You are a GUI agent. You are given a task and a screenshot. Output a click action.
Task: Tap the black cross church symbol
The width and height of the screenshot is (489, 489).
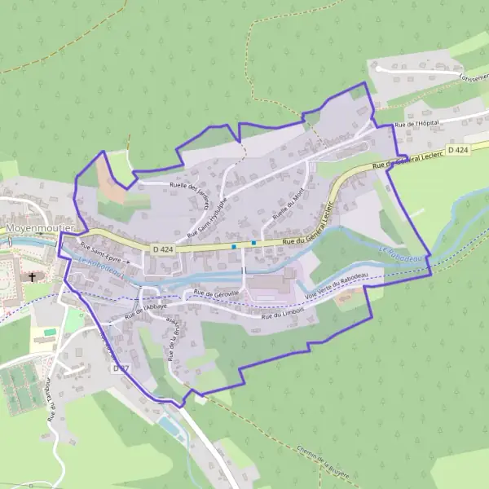[x=33, y=277]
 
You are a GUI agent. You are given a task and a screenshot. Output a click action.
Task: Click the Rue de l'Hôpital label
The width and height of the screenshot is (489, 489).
[x=416, y=124]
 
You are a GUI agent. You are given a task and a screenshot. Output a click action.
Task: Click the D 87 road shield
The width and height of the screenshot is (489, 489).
[x=121, y=368]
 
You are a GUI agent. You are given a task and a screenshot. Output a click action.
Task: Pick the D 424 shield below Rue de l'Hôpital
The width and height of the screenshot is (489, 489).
[x=459, y=151]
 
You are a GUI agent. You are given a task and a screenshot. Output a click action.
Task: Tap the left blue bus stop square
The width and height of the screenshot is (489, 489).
[x=234, y=245]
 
